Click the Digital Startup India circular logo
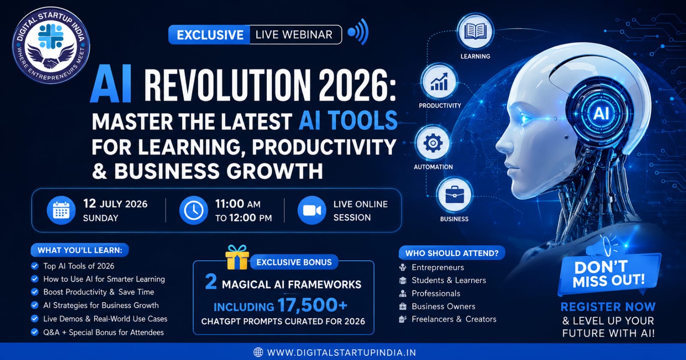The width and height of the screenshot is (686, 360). [51, 45]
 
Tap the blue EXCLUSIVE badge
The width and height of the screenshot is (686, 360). [210, 35]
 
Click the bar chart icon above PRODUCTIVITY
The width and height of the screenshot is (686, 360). [439, 82]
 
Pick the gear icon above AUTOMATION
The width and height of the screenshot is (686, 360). [433, 143]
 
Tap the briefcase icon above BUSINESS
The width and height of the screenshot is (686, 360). [454, 195]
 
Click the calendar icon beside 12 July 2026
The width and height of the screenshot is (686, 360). [61, 210]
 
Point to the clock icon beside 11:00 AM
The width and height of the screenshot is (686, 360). [193, 210]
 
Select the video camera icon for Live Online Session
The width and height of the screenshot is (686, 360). [312, 210]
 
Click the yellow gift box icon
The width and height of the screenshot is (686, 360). [237, 257]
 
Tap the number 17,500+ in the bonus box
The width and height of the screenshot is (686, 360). [312, 305]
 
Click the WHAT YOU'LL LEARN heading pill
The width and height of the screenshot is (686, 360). [80, 250]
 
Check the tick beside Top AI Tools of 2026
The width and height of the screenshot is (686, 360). [35, 266]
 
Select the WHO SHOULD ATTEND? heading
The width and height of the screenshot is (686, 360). [452, 253]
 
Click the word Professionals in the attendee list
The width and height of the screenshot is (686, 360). [436, 293]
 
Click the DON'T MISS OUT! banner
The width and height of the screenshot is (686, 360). [609, 274]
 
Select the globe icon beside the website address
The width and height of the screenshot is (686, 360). [258, 352]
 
